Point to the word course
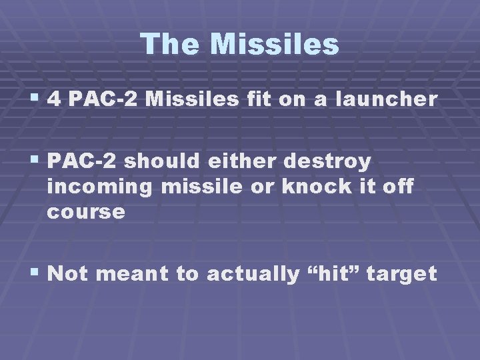click(x=86, y=212)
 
